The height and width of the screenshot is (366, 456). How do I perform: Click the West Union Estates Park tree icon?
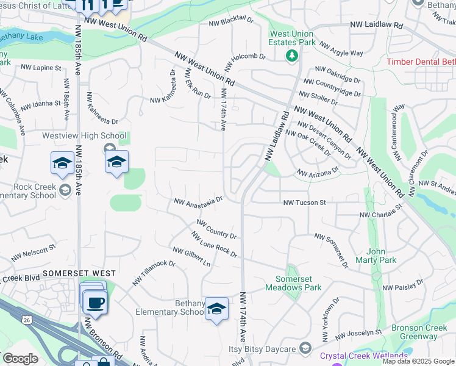click(x=292, y=56)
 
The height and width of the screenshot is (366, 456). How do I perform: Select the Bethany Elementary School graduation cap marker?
click(x=216, y=309)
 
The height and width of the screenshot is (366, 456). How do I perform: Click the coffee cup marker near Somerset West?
click(x=96, y=303)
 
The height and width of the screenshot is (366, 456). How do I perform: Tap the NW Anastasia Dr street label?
click(x=199, y=199)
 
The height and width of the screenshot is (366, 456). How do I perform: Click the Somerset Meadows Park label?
click(x=294, y=283)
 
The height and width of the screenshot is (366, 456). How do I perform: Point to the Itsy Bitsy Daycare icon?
click(x=305, y=349)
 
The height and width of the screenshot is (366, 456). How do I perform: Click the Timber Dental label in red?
click(x=421, y=62)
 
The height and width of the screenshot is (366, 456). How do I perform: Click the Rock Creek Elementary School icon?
click(x=65, y=190)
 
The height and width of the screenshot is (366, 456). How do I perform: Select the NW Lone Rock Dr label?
click(x=214, y=245)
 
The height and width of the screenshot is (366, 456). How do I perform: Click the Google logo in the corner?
click(x=20, y=359)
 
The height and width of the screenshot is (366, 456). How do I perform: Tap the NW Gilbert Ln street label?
click(x=191, y=257)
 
